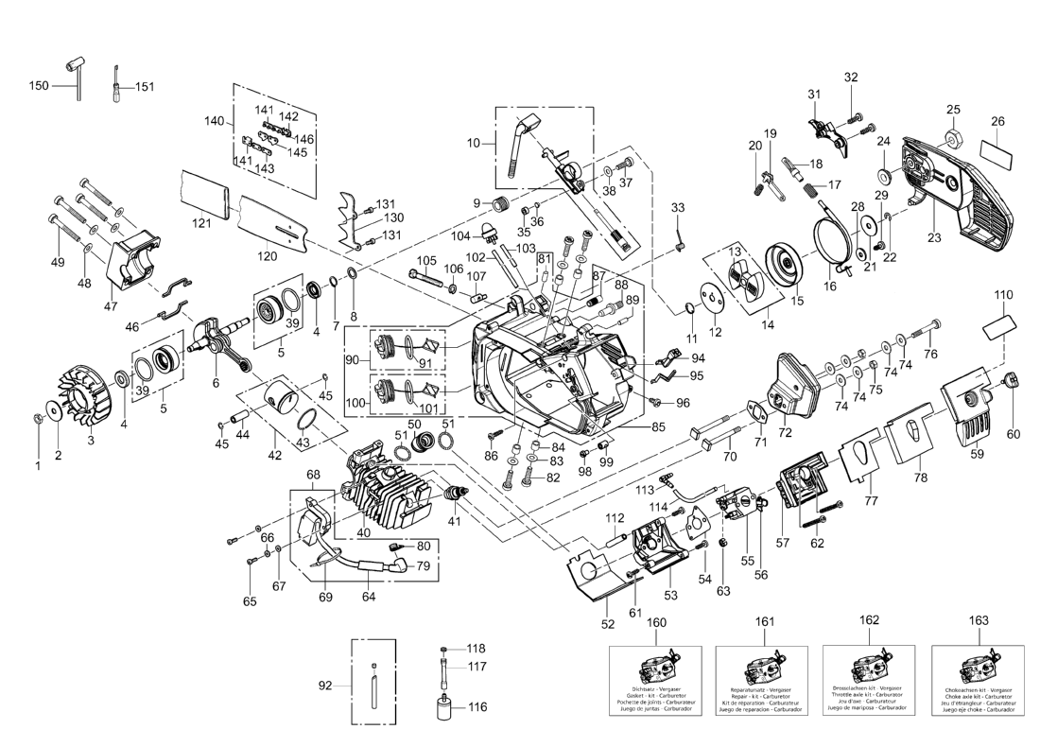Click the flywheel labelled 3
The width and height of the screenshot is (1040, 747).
[x=86, y=390]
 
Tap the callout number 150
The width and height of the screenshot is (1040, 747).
[x=39, y=86]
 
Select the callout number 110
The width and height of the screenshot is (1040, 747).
[x=1002, y=295]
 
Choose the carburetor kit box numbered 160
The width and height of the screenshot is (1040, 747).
[x=656, y=681]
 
